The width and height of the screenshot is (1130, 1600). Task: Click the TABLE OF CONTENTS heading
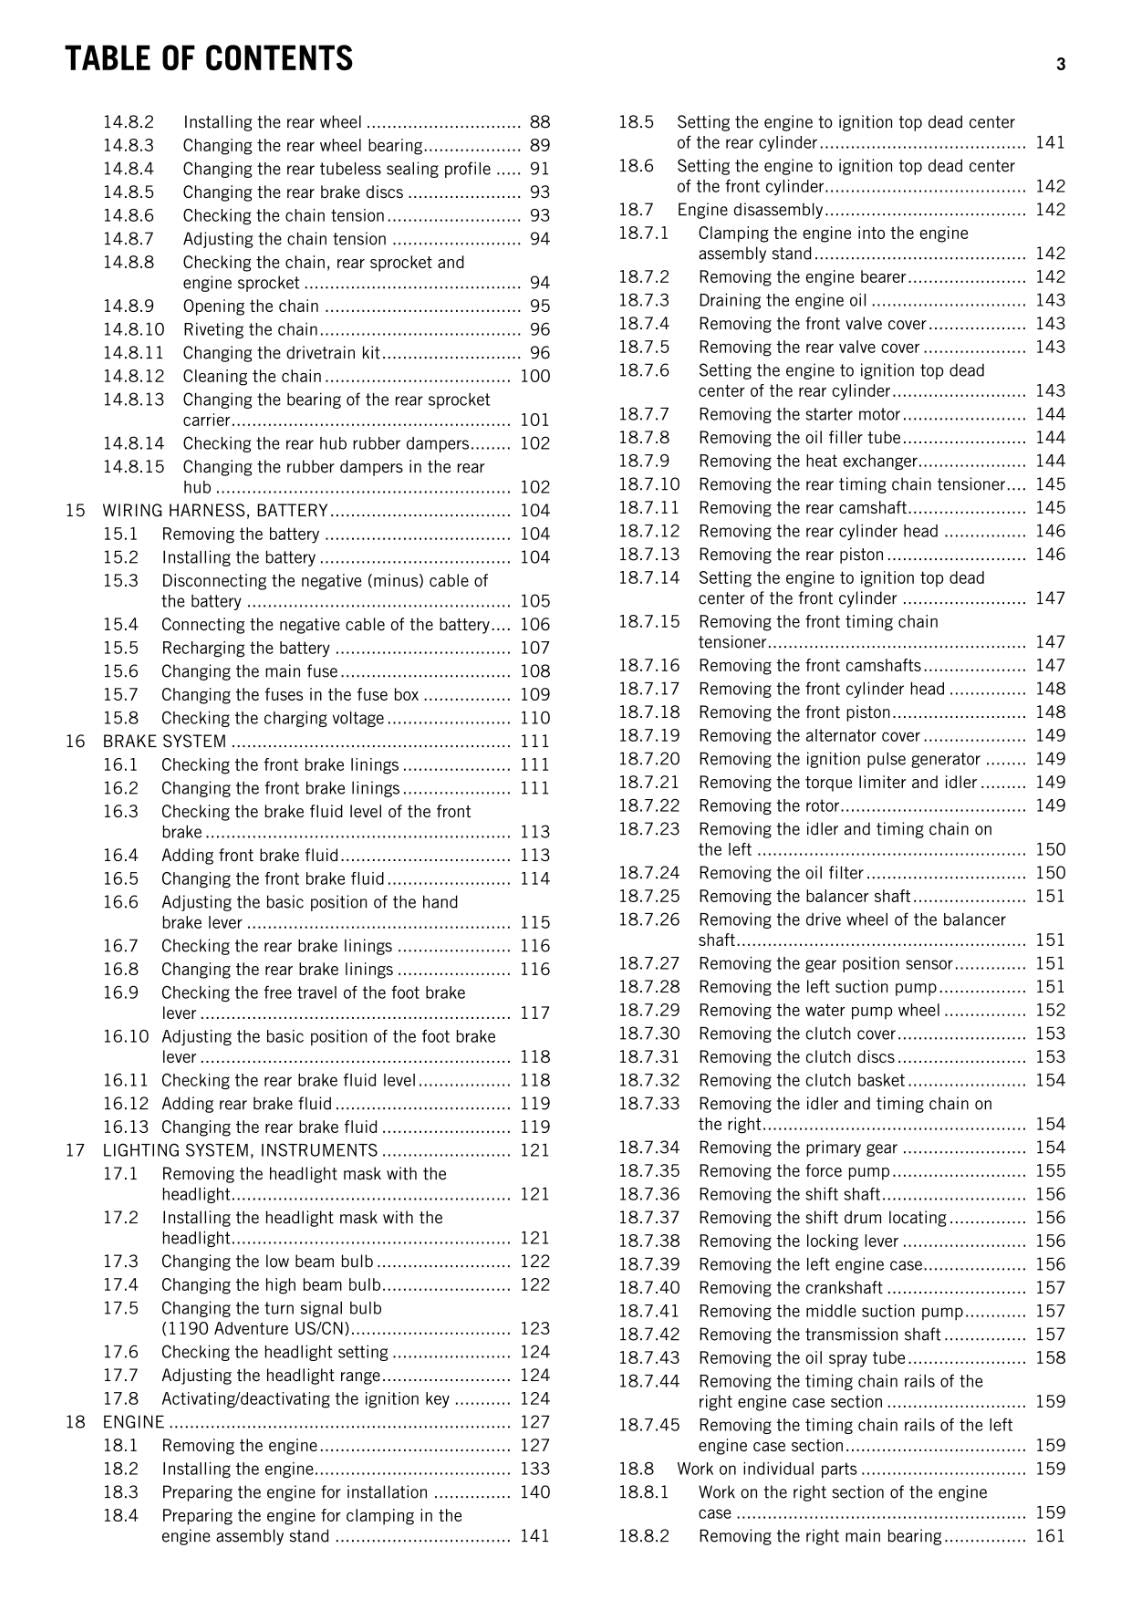click(208, 59)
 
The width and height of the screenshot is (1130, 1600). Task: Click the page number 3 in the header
click(1060, 64)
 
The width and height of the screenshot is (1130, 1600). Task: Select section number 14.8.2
click(128, 122)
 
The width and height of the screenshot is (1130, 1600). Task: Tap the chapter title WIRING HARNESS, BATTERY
click(215, 510)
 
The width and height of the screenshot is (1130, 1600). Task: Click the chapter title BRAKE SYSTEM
click(164, 741)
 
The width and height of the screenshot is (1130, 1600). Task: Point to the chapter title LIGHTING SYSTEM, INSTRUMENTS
click(240, 1150)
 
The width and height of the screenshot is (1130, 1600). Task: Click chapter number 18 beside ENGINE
click(75, 1422)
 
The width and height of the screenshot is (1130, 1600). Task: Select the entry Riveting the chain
click(250, 329)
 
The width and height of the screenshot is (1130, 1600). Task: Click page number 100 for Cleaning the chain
click(535, 376)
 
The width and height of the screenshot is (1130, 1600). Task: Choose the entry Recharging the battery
click(245, 648)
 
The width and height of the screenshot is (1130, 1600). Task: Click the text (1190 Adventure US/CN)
click(256, 1329)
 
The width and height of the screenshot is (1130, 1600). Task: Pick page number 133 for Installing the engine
click(535, 1469)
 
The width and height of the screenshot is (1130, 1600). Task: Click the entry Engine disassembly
click(749, 210)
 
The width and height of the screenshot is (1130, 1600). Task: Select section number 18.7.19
click(648, 736)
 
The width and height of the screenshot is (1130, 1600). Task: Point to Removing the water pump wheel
click(819, 1010)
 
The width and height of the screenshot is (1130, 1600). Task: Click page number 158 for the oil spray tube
click(1050, 1358)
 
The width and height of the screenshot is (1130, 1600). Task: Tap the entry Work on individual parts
click(766, 1469)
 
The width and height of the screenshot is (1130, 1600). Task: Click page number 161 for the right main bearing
click(1050, 1536)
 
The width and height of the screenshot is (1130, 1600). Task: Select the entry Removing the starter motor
click(799, 414)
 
